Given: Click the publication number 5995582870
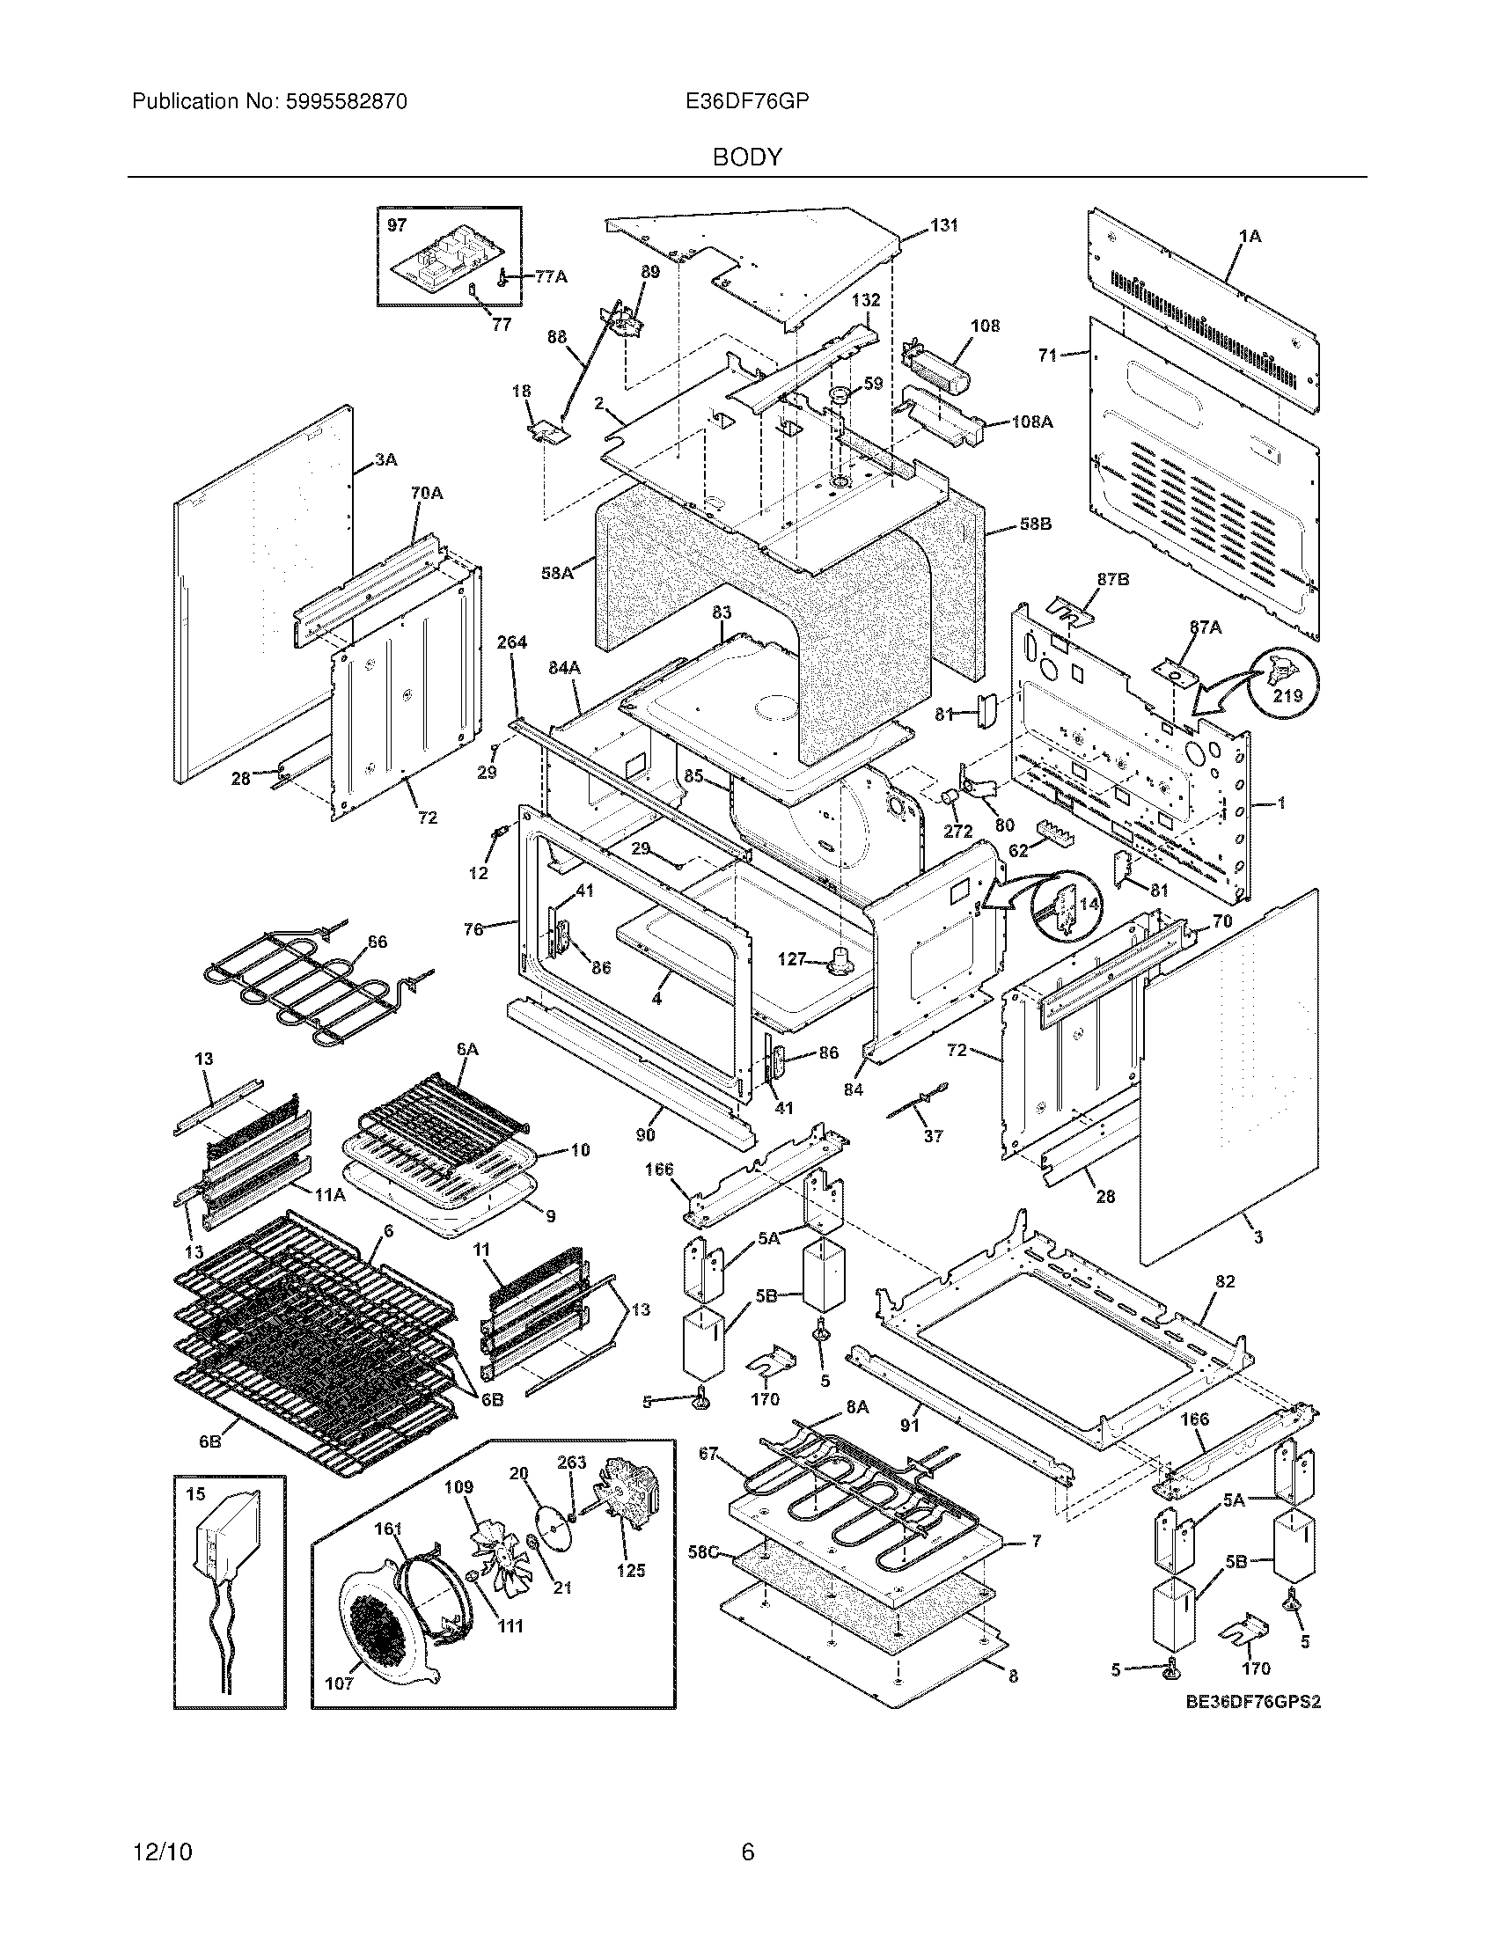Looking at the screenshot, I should click(346, 102).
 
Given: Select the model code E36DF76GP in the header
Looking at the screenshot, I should click(746, 102).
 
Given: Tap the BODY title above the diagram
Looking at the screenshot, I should click(747, 158).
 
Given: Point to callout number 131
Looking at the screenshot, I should click(944, 225).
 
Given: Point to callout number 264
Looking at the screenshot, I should click(511, 642).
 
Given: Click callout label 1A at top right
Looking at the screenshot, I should click(1250, 236).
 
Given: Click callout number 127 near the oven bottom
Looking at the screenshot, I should click(791, 958).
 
